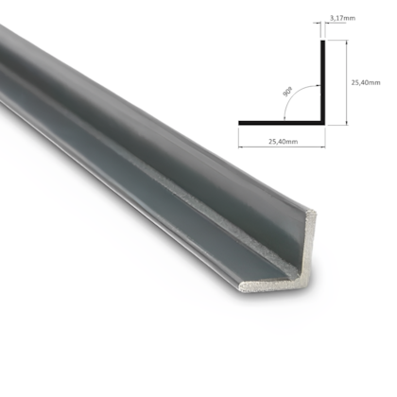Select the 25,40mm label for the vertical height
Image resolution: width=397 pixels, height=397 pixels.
click(365, 82)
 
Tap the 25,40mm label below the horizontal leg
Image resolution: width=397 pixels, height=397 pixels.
click(281, 142)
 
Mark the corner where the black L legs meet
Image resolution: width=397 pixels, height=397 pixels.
click(325, 122)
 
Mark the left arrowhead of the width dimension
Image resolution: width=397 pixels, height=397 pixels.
click(240, 133)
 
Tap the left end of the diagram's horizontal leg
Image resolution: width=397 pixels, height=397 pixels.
click(239, 122)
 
